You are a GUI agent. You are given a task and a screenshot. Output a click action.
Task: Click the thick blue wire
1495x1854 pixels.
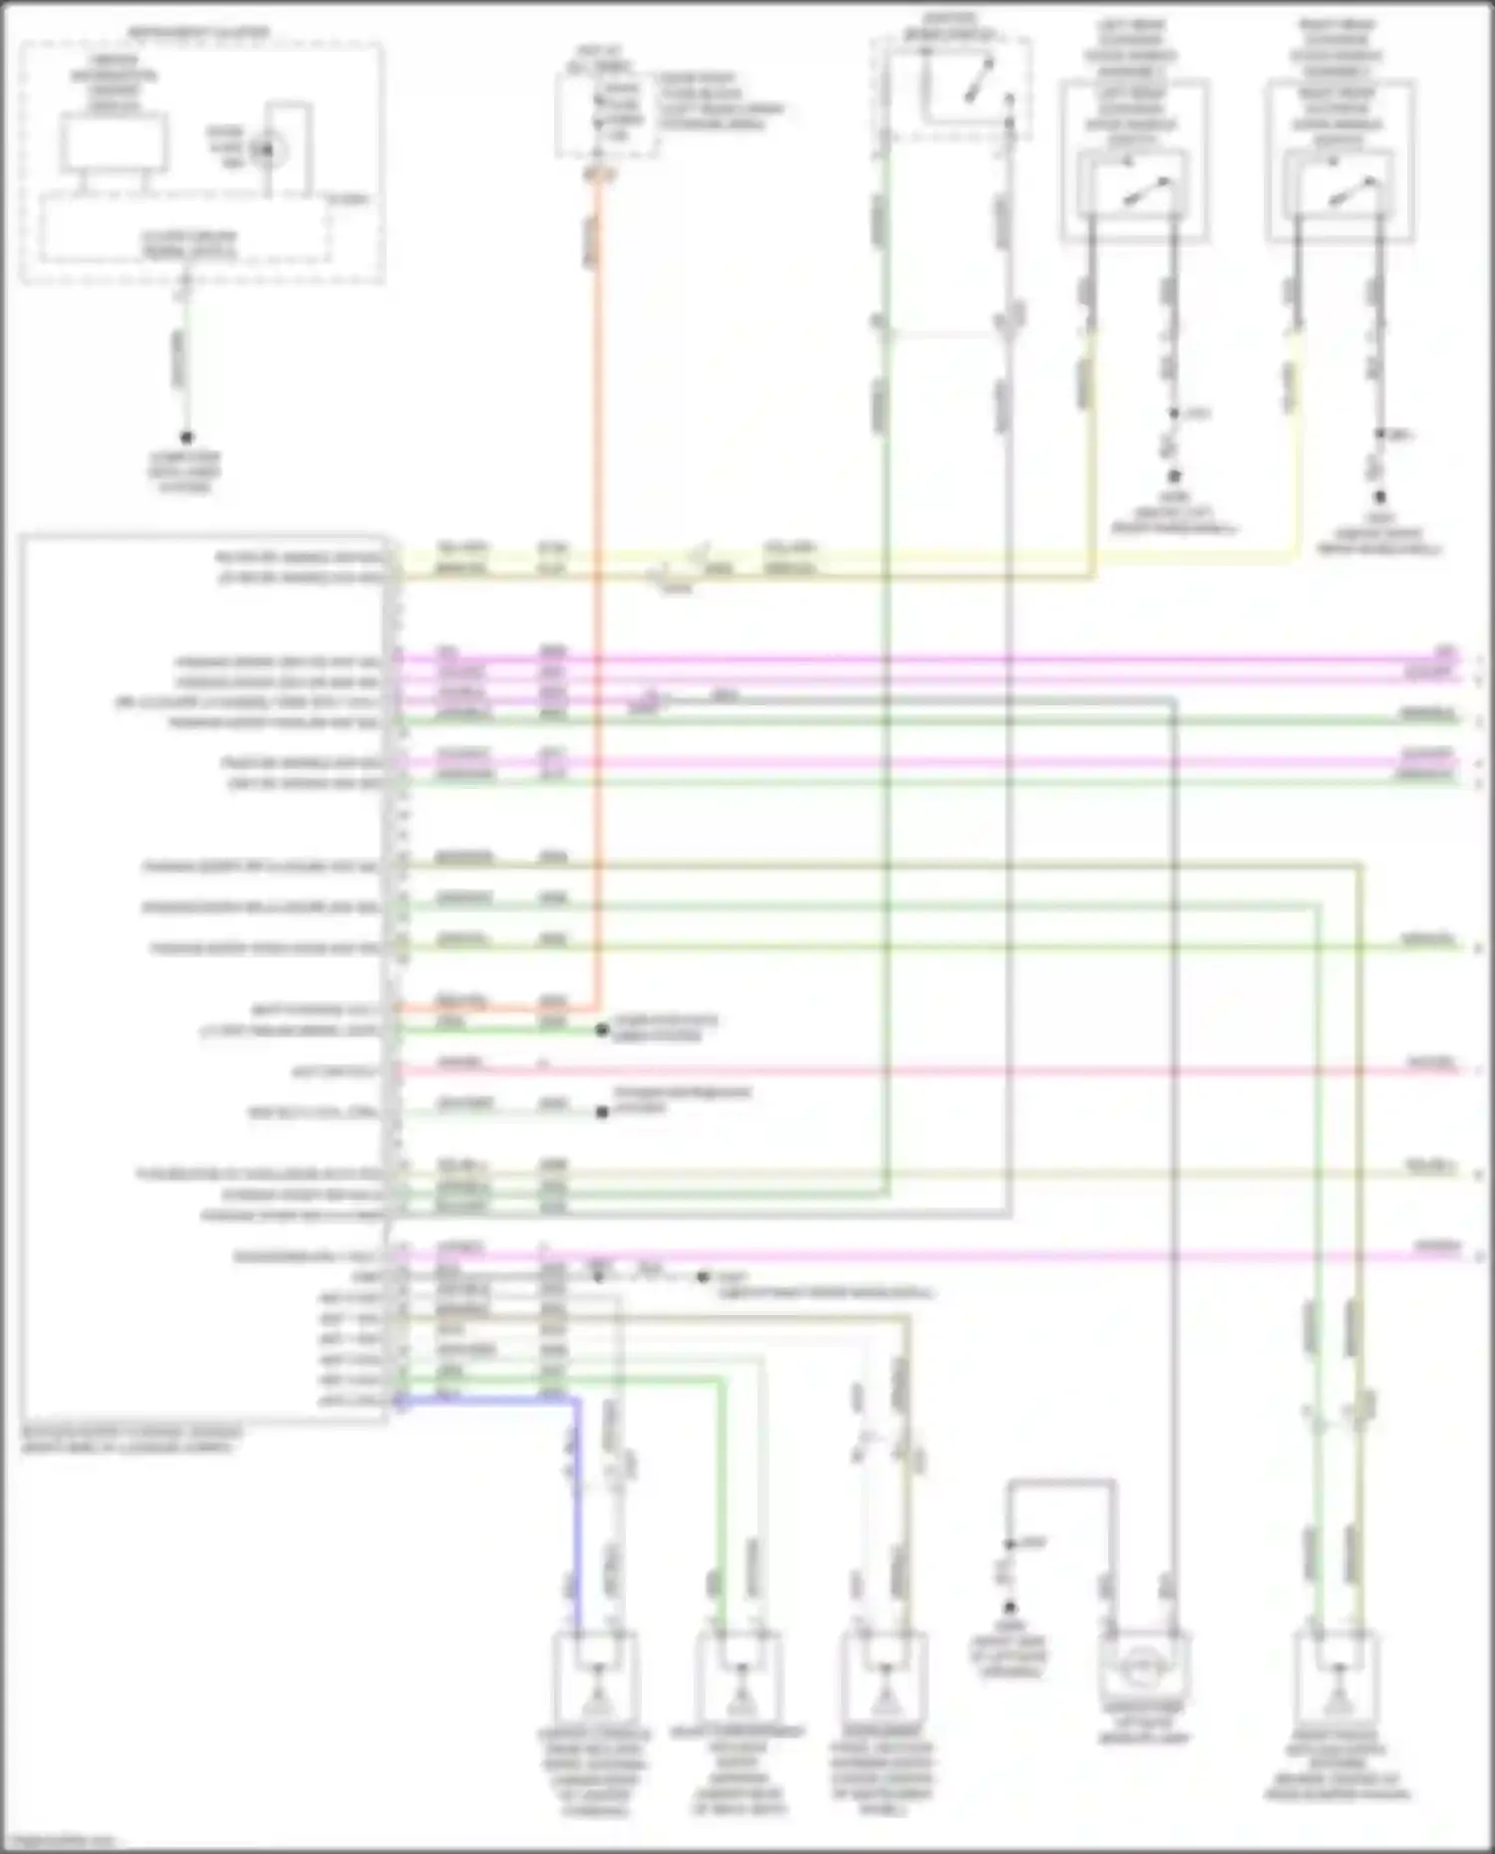[x=575, y=1494]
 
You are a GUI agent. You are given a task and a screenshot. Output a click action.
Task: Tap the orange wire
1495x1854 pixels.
[x=598, y=598]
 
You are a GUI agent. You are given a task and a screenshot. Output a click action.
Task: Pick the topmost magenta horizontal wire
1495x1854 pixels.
[x=897, y=660]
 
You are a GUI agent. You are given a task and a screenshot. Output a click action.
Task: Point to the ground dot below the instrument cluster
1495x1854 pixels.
[x=185, y=437]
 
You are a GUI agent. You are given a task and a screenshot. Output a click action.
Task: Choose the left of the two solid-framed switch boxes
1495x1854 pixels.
[x=1134, y=185]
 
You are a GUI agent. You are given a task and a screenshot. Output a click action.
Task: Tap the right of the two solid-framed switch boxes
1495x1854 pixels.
[x=1340, y=185]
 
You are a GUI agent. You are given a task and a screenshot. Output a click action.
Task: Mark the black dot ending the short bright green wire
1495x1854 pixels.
[x=602, y=1030]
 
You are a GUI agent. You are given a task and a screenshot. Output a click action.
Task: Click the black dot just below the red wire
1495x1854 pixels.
[x=602, y=1112]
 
